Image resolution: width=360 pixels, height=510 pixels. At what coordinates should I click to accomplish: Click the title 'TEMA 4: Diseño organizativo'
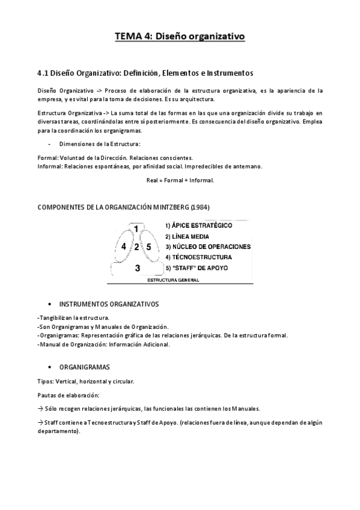point(180,37)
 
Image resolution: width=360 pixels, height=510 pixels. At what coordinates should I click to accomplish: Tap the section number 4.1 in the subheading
point(42,73)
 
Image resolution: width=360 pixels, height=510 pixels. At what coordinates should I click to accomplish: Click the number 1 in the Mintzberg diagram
point(136,229)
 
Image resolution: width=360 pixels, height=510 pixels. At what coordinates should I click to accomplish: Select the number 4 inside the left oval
point(123,247)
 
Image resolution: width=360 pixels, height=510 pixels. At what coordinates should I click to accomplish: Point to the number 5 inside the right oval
point(148,247)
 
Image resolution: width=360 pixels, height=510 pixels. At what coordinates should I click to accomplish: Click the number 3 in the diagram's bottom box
point(137,268)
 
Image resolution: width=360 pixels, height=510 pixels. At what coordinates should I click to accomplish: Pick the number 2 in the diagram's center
point(136,247)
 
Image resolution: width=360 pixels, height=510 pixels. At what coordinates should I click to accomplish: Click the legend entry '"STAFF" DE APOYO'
point(201,267)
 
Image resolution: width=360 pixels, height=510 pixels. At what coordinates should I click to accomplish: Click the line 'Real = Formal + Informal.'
point(180,180)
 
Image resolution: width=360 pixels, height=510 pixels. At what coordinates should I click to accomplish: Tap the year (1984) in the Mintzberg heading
point(200,207)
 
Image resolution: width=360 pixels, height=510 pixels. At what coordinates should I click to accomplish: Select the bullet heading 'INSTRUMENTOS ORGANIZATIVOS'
point(109,304)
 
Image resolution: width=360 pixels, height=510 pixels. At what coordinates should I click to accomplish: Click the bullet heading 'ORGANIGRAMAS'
point(84,366)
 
